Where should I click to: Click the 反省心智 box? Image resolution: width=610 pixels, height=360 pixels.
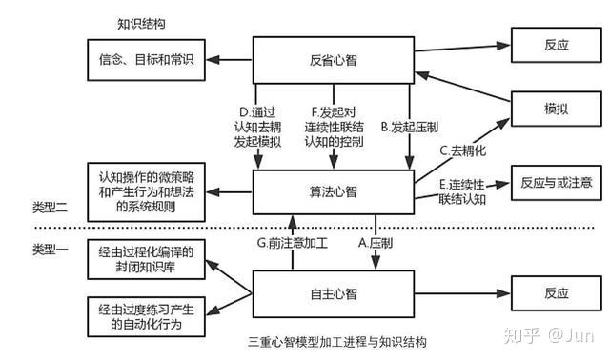click(x=333, y=59)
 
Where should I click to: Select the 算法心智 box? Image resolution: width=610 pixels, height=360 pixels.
click(x=333, y=190)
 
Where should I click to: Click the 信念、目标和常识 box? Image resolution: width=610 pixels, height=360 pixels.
click(x=146, y=60)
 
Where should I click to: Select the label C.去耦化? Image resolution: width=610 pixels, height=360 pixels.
click(x=462, y=150)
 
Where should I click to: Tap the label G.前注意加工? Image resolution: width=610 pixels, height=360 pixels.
click(x=293, y=243)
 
